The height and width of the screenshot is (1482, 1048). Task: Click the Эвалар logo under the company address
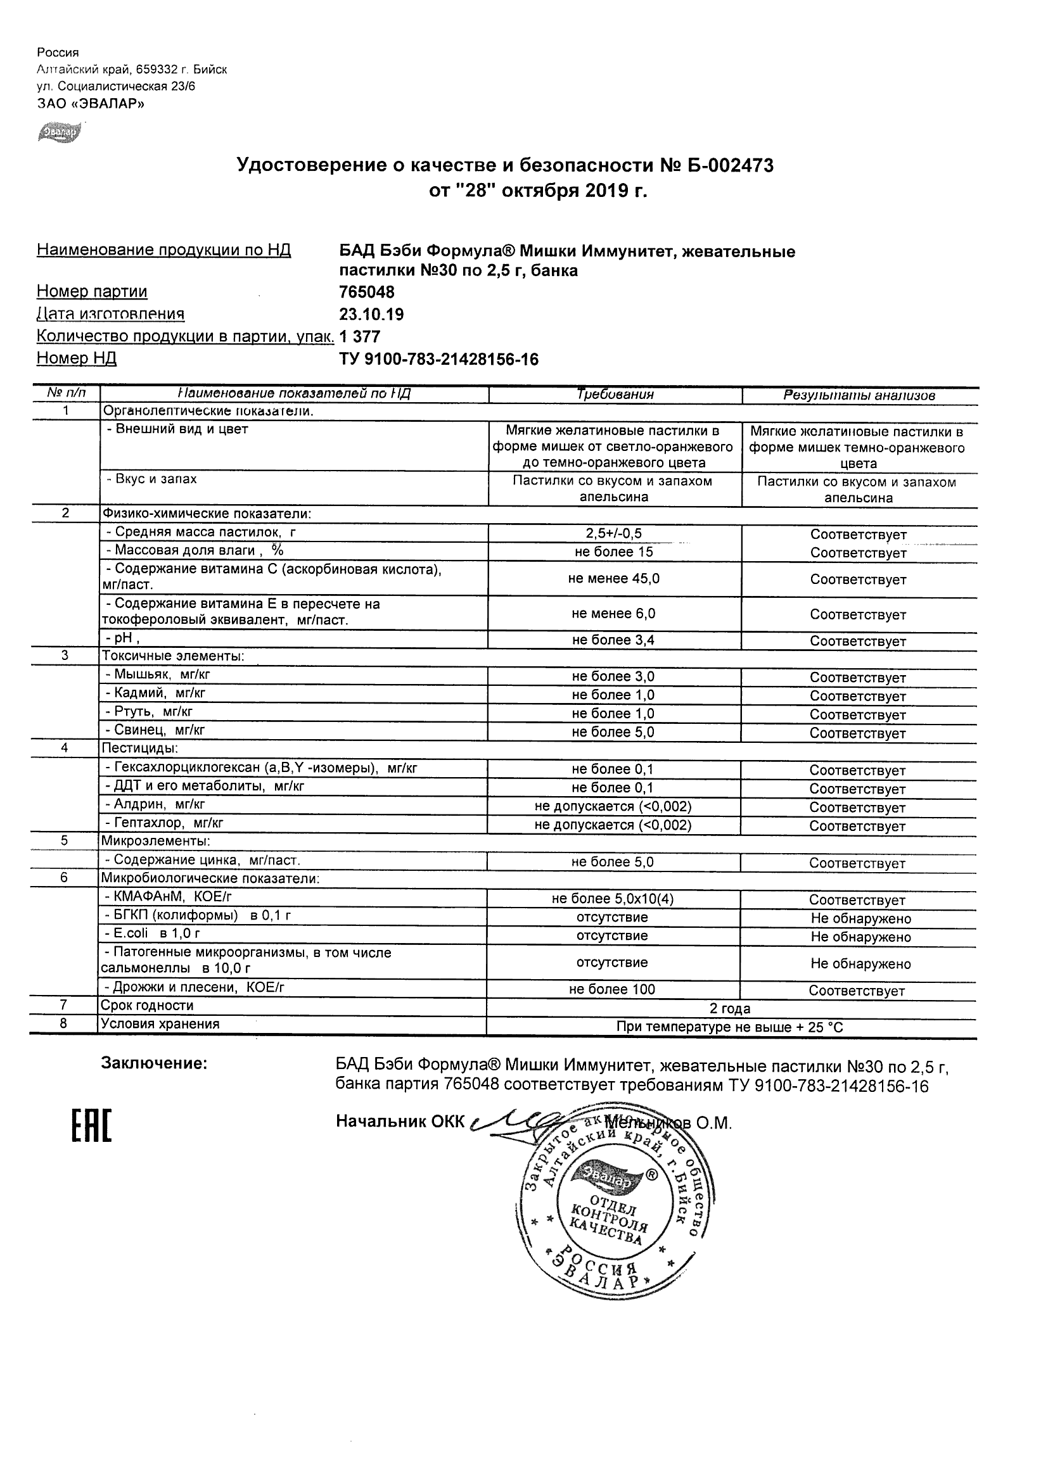pyautogui.click(x=60, y=132)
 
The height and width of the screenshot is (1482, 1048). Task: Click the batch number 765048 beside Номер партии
pyautogui.click(x=366, y=293)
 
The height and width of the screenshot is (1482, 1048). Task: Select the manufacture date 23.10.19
pyautogui.click(x=371, y=314)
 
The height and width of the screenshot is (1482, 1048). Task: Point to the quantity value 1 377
pyautogui.click(x=360, y=337)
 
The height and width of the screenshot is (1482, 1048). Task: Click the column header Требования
pyautogui.click(x=615, y=395)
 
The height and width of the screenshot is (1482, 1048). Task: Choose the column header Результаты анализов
pyautogui.click(x=859, y=395)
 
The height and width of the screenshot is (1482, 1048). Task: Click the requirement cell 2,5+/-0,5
pyautogui.click(x=613, y=533)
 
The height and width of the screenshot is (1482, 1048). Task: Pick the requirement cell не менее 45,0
pyautogui.click(x=613, y=578)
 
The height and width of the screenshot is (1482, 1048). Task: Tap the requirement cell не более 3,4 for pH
pyautogui.click(x=613, y=640)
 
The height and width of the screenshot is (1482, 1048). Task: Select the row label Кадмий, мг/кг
pyautogui.click(x=155, y=693)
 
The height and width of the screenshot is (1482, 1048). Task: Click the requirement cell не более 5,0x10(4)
pyautogui.click(x=613, y=899)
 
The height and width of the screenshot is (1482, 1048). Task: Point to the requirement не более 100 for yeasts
pyautogui.click(x=612, y=989)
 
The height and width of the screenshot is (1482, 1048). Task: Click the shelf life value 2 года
pyautogui.click(x=730, y=1008)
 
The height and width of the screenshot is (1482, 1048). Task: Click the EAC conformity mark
pyautogui.click(x=91, y=1125)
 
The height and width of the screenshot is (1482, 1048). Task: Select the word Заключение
pyautogui.click(x=154, y=1063)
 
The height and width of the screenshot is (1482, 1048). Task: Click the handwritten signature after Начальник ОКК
pyautogui.click(x=516, y=1121)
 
